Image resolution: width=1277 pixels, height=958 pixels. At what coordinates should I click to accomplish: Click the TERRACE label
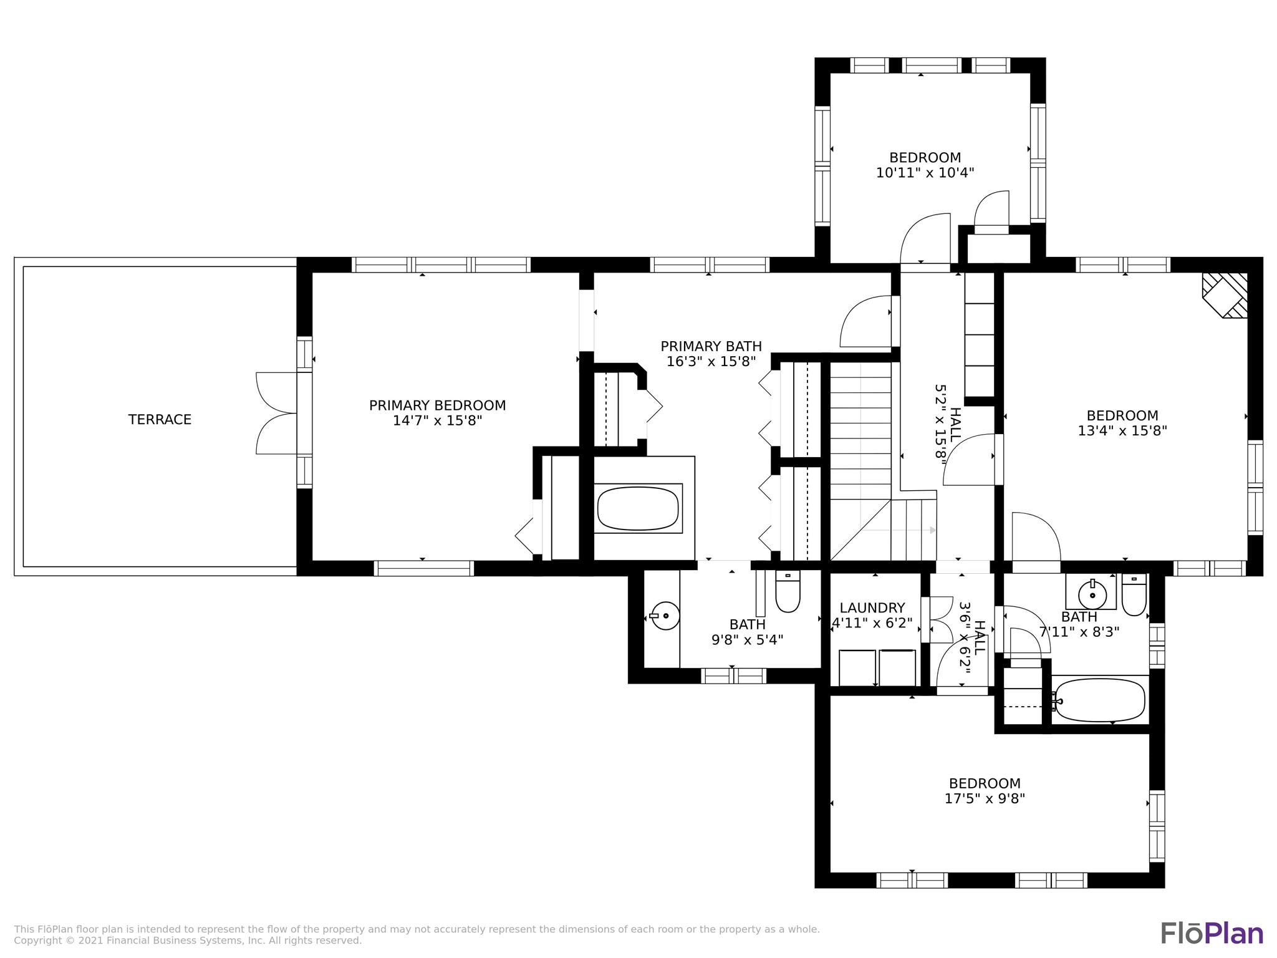(160, 420)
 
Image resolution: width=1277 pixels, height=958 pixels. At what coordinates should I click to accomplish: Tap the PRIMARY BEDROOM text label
(437, 405)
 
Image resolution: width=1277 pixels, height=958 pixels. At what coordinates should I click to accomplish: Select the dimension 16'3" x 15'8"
(711, 361)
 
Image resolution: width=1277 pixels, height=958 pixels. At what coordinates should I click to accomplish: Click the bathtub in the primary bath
(637, 508)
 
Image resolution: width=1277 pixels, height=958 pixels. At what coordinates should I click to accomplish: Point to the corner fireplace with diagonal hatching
(1226, 294)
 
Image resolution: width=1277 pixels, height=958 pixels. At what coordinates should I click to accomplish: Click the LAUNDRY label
(872, 608)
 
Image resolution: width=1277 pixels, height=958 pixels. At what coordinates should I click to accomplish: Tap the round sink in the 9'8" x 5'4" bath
(665, 616)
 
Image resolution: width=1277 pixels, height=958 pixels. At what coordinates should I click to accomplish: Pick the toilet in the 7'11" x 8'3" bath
(1134, 595)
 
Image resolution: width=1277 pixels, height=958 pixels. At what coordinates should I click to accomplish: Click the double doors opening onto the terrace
(277, 413)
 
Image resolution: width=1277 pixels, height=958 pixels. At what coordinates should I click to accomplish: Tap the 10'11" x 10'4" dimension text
(925, 173)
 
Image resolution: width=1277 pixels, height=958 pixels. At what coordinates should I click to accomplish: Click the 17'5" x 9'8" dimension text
(985, 798)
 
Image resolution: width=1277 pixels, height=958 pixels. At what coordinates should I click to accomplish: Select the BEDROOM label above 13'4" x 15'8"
(1122, 415)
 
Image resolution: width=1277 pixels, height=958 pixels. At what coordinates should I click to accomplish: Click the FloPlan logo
(1212, 933)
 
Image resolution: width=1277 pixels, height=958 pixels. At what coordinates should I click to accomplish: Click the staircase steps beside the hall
(860, 437)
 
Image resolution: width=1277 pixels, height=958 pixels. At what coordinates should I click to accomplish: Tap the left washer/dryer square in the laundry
(857, 667)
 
